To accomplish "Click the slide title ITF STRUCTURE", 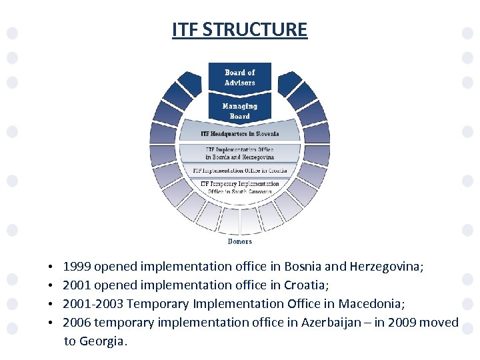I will click(x=239, y=30).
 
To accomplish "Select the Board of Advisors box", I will click(x=239, y=77).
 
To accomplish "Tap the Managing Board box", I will click(x=239, y=111).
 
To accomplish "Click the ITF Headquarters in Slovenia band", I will click(x=239, y=134).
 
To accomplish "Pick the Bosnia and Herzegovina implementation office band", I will click(x=239, y=153).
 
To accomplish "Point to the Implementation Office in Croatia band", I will click(x=239, y=171).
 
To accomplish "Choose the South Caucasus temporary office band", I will click(x=239, y=187).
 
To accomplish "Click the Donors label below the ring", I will click(x=239, y=241).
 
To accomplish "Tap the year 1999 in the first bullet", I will click(x=77, y=267).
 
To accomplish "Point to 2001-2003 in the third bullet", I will click(x=93, y=304).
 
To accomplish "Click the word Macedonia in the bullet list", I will click(x=369, y=304).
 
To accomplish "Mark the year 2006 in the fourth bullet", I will click(x=77, y=323).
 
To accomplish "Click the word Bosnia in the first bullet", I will click(x=302, y=267).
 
